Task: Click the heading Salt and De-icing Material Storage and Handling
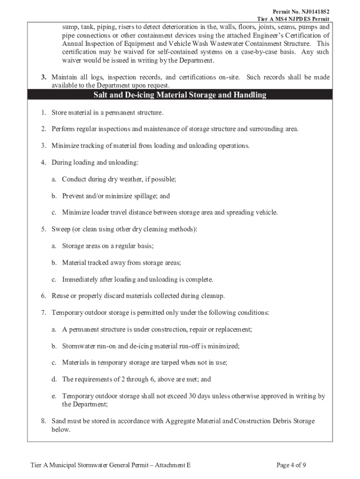180,95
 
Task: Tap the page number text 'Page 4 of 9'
291,465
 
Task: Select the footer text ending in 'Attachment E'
111,465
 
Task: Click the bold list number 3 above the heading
43,77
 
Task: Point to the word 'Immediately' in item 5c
80,280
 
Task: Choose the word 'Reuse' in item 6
60,296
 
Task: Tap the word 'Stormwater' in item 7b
79,346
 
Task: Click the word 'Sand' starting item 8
59,421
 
